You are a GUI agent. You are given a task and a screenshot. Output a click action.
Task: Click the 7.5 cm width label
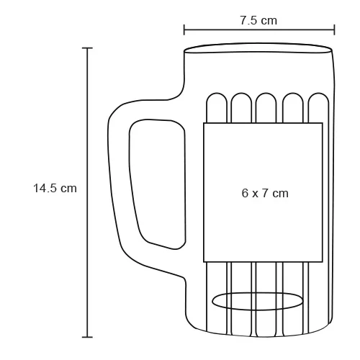pyautogui.click(x=258, y=20)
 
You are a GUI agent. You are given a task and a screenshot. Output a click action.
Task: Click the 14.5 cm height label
pyautogui.click(x=55, y=188)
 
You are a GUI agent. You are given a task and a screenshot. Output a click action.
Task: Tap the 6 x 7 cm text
pyautogui.click(x=265, y=193)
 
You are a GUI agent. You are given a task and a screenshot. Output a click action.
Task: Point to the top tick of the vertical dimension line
pyautogui.click(x=88, y=48)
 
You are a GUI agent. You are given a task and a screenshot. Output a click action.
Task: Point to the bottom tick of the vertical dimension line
pyautogui.click(x=88, y=336)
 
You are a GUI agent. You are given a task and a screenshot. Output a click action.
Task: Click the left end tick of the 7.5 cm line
pyautogui.click(x=184, y=30)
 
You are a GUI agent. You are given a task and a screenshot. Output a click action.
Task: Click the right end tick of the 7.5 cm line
pyautogui.click(x=334, y=30)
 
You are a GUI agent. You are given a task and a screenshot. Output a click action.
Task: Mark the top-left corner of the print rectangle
pyautogui.click(x=204, y=124)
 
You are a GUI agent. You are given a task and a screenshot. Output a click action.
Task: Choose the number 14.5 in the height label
pyautogui.click(x=47, y=188)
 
